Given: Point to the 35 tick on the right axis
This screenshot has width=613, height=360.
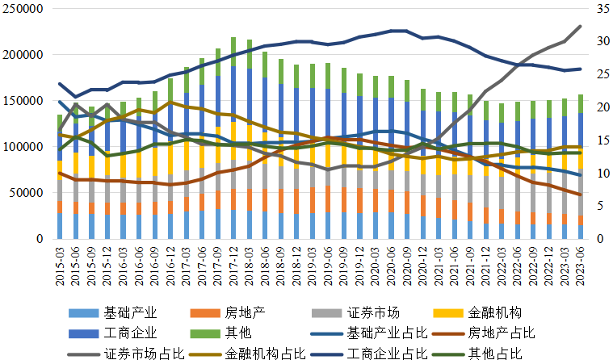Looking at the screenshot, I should [x=597, y=9].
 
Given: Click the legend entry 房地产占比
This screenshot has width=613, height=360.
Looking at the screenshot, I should [x=502, y=333].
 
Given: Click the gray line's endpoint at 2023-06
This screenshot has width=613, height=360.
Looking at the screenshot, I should [x=581, y=27].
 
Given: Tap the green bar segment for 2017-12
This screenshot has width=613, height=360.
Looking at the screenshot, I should [x=233, y=51].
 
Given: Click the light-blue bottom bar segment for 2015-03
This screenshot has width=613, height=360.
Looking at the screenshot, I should [x=60, y=225].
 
